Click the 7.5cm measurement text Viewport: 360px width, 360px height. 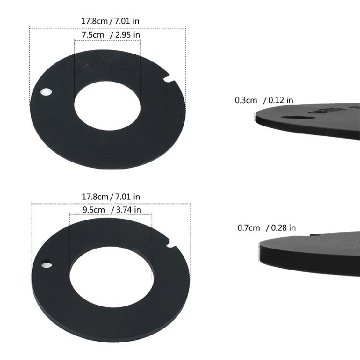point(93,35)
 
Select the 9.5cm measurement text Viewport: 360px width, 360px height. point(93,209)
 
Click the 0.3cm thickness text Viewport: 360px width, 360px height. point(245,100)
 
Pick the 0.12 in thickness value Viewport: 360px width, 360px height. point(281,100)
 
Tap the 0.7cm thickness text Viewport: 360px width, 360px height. point(249,228)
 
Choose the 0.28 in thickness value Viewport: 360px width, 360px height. point(283,228)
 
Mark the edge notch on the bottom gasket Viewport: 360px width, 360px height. point(171,247)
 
